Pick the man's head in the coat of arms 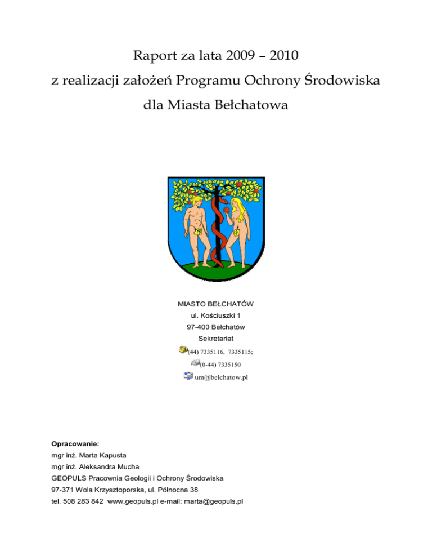coord(195,201)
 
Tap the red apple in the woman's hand coord(227,209)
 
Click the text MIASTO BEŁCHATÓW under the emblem coord(215,304)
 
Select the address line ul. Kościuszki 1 coord(215,315)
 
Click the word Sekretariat coord(215,339)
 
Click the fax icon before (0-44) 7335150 coord(188,363)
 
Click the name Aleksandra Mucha coord(105,467)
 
